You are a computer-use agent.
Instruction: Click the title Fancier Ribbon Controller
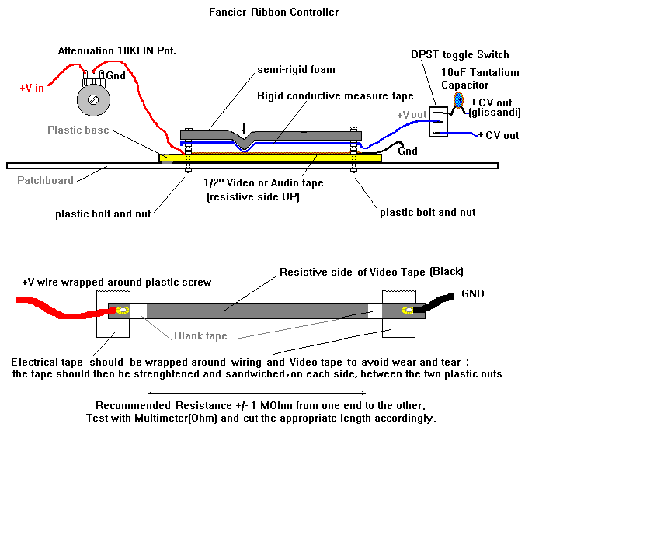point(273,12)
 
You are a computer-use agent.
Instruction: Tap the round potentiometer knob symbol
point(93,99)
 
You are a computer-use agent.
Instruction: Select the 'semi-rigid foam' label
point(296,70)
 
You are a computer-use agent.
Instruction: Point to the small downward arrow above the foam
point(245,127)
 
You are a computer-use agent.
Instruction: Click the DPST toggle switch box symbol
point(440,122)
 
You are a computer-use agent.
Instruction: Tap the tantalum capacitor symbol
point(458,100)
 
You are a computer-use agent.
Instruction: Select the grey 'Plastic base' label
point(78,130)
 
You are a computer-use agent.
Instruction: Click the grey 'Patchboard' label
point(45,181)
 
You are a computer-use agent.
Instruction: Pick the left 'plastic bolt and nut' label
point(103,213)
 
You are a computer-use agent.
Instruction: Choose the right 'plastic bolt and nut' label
point(427,212)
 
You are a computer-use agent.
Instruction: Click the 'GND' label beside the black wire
point(472,294)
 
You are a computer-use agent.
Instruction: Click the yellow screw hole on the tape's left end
point(123,311)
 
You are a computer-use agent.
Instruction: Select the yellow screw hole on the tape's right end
point(407,311)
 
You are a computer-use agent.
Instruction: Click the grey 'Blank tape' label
point(200,335)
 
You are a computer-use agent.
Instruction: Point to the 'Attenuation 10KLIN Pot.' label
point(116,51)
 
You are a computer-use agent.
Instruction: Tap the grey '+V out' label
point(412,115)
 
